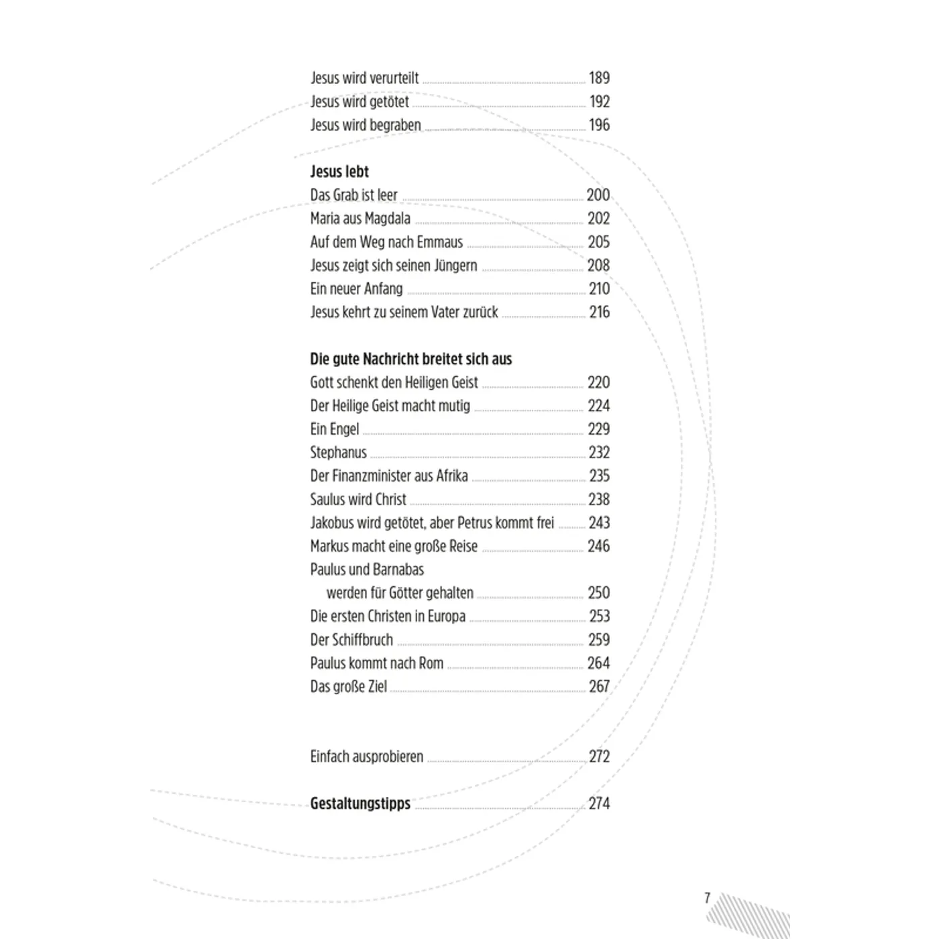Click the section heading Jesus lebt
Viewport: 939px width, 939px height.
(339, 172)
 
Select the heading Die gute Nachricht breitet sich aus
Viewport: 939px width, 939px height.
(410, 360)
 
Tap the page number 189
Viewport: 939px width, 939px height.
(599, 78)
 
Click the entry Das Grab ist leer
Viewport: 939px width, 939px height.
(353, 195)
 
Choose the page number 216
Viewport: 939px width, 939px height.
(599, 312)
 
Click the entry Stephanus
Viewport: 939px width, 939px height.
(338, 453)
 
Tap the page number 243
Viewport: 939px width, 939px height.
(599, 522)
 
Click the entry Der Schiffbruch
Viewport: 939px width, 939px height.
(351, 640)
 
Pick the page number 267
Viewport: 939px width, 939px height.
(599, 687)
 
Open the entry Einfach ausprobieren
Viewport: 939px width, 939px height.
(366, 757)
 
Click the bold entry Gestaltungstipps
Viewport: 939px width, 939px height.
(360, 804)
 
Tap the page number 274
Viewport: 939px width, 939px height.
(599, 804)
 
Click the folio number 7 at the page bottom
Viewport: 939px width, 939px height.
(707, 897)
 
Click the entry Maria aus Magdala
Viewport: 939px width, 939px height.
(360, 219)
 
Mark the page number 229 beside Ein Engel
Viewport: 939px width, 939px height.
(599, 429)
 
